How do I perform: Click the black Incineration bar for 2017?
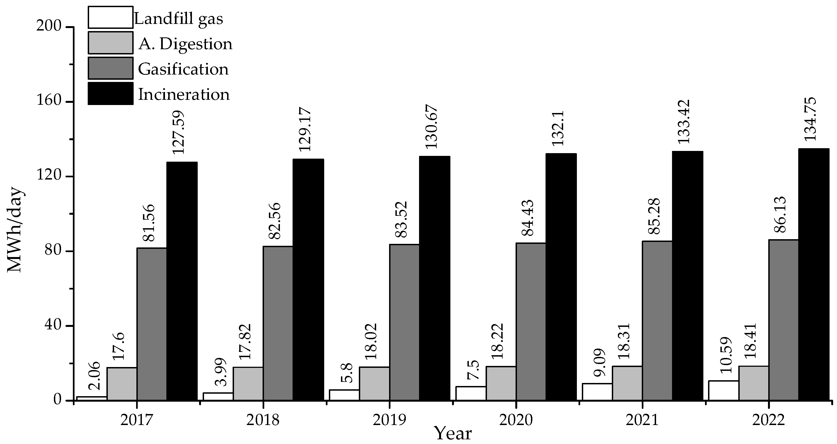click(x=182, y=281)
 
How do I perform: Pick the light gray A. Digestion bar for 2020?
click(x=501, y=383)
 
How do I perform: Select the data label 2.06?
click(x=94, y=377)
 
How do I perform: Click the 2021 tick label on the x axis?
click(x=642, y=420)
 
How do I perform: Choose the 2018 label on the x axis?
click(x=263, y=420)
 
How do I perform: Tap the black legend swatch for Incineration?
click(x=111, y=93)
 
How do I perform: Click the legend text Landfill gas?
click(x=179, y=18)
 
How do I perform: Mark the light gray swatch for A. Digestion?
click(x=111, y=43)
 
